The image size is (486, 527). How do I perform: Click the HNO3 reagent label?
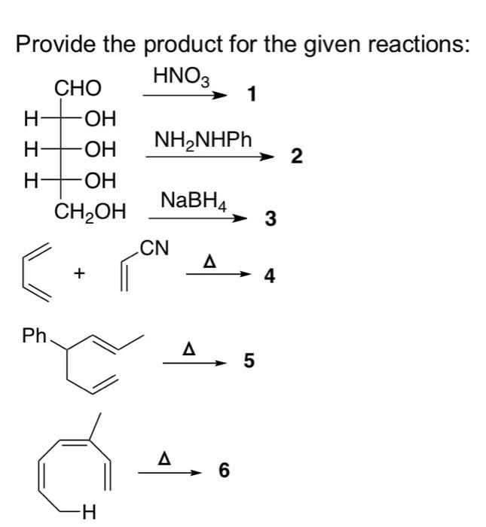182,77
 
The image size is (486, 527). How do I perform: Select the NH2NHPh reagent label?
203,140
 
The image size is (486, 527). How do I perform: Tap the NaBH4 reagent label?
194,201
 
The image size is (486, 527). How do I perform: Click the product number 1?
252,94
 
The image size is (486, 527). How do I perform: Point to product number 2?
297,157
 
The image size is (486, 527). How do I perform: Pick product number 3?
271,218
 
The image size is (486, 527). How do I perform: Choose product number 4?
270,276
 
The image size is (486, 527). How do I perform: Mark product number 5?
249,361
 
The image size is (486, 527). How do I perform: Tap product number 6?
224,470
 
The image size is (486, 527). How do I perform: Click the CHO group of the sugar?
78,88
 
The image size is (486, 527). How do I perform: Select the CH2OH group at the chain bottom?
90,212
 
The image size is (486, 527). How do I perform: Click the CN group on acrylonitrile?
154,248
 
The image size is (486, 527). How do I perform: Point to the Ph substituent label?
34,336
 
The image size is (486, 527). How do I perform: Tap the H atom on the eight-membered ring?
88,513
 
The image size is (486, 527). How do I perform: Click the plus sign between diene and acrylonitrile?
79,274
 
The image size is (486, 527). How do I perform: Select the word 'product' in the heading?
185,45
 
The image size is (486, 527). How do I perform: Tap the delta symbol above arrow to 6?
164,458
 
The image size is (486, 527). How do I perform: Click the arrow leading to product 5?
194,363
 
